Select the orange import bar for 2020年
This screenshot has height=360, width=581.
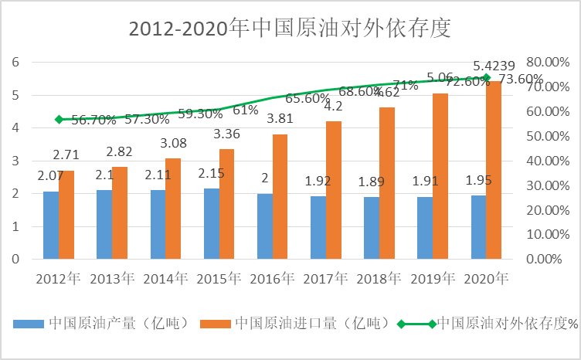point(494,170)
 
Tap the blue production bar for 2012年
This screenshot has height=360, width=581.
point(51,225)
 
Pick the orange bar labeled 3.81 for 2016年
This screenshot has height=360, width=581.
point(280,196)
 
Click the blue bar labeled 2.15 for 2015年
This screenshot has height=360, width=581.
point(211,223)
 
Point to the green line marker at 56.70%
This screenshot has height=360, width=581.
point(59,119)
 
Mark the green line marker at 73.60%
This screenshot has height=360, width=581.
point(486,77)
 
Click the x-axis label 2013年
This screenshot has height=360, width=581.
point(112,278)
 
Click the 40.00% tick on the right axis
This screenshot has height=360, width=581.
point(546,161)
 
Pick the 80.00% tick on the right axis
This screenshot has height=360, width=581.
point(546,62)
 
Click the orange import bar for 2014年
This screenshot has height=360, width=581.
point(173,209)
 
